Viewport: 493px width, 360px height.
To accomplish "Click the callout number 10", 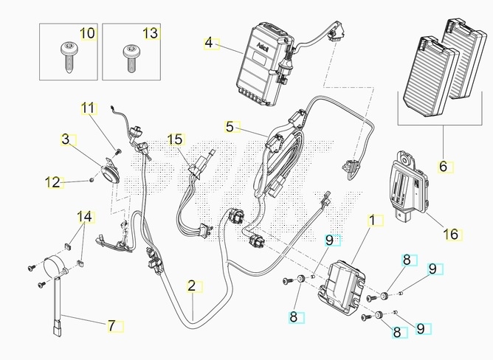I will coord(87,34).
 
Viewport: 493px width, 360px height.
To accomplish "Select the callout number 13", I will coord(150,34).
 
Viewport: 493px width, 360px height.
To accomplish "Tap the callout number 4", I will coord(208,44).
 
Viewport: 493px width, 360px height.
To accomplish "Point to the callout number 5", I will coord(230,127).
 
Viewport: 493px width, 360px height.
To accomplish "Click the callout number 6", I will coord(443,167).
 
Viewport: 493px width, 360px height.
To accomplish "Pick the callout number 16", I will coord(450,235).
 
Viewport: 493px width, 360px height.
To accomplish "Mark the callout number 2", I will coord(191,285).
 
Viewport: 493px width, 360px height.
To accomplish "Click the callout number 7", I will coord(112,325).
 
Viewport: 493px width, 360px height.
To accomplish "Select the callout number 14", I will coord(86,217).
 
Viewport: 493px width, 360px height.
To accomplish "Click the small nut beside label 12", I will coord(90,178).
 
